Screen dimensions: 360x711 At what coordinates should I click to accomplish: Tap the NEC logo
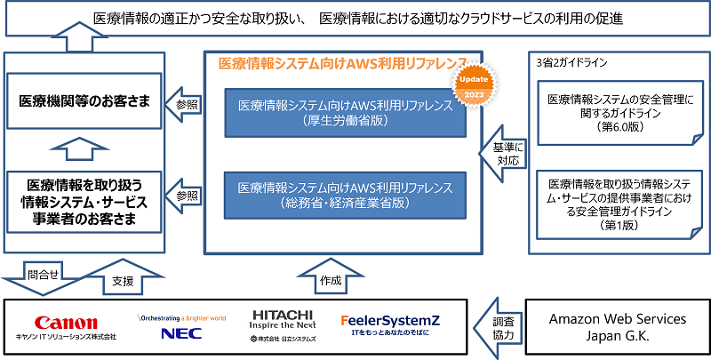point(181,332)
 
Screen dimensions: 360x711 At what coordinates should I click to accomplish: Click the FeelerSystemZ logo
point(390,319)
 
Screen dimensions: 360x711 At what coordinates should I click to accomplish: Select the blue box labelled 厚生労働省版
point(346,112)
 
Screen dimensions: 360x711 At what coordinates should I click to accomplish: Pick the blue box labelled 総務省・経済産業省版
point(346,195)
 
